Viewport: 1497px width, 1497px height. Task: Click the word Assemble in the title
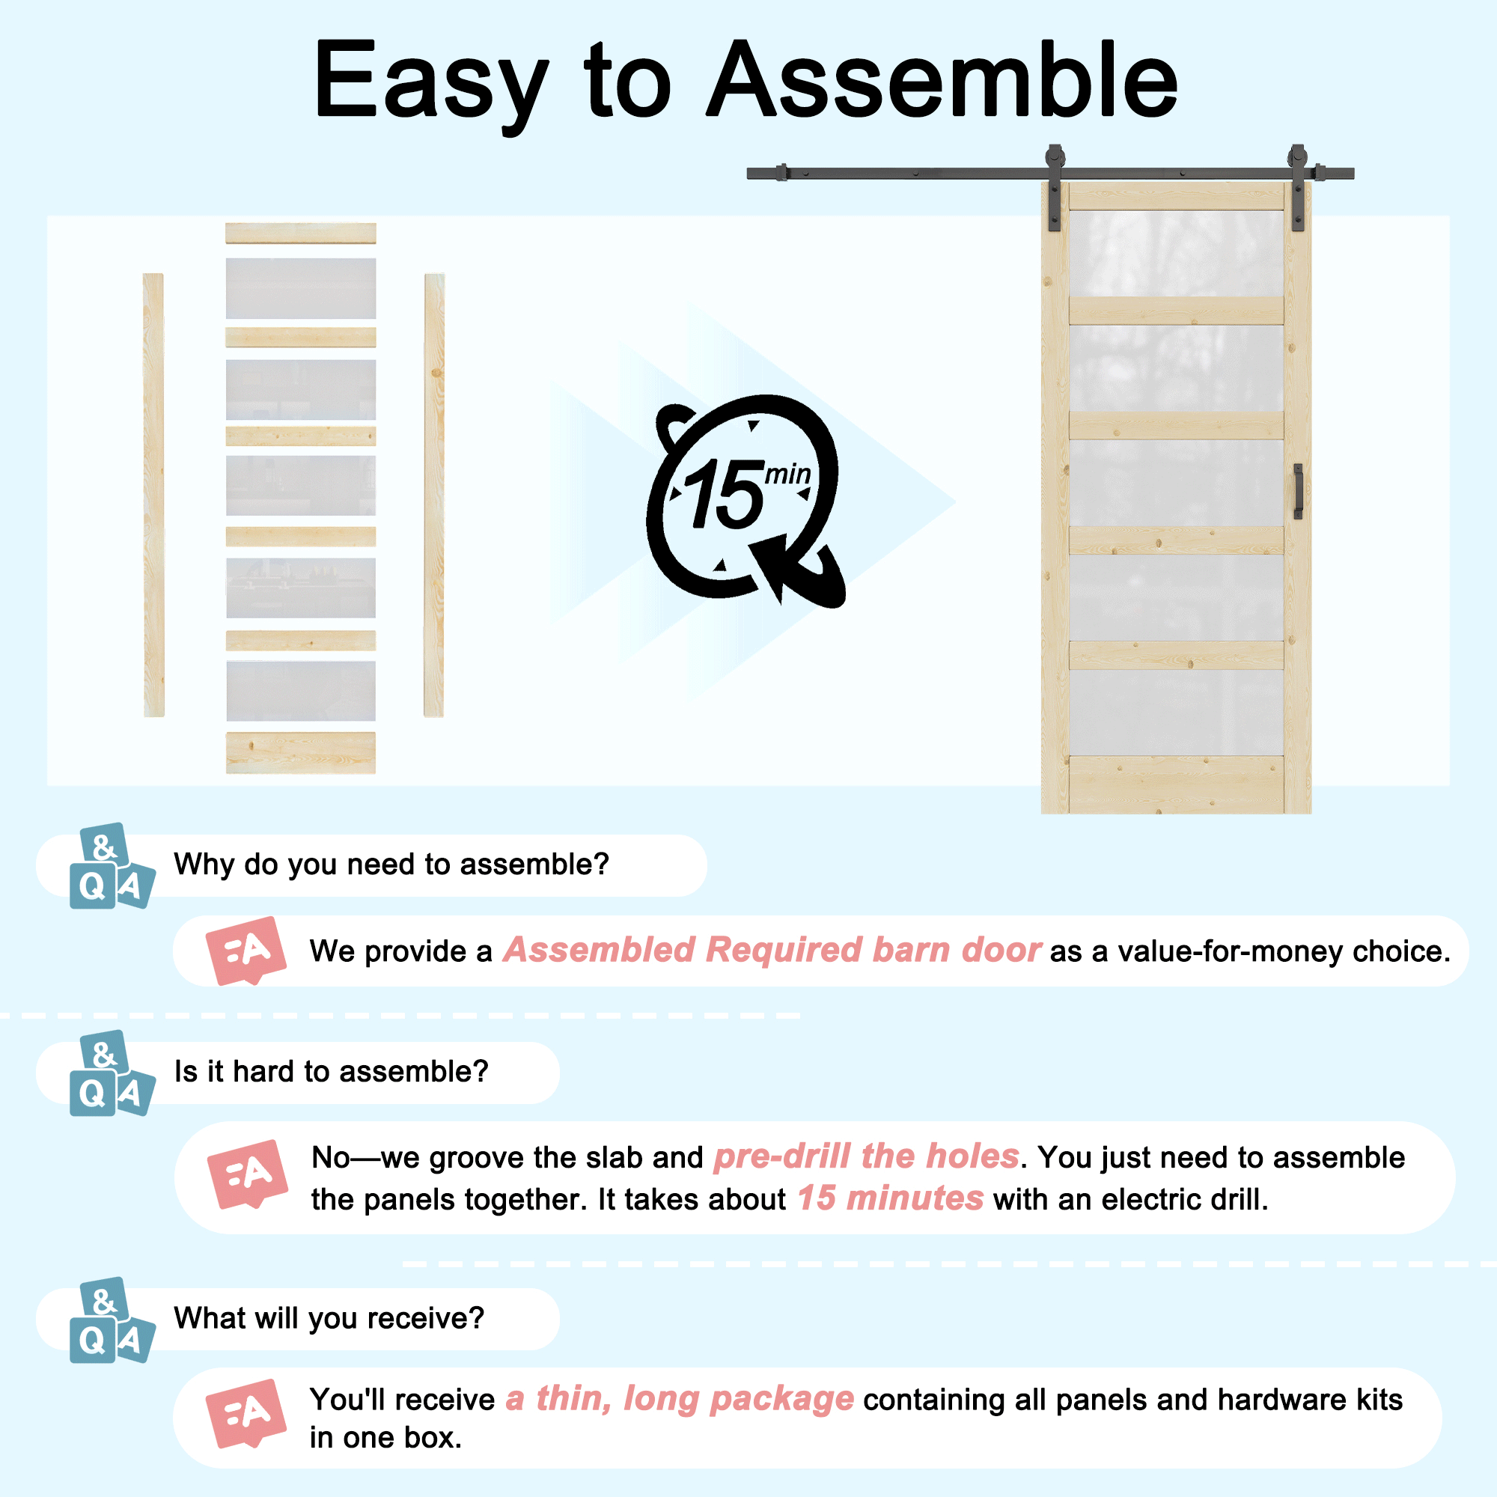tap(944, 81)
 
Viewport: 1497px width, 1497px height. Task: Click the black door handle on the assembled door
tap(1298, 490)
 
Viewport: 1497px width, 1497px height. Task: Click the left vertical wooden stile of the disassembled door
tap(153, 494)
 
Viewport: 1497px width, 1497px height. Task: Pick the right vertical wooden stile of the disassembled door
tap(434, 494)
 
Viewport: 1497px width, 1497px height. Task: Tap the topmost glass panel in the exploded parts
tap(301, 288)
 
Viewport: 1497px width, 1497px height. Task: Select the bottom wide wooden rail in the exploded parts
tap(301, 752)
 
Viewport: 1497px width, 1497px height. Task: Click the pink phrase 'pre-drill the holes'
tap(866, 1156)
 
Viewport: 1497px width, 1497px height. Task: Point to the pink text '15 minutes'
tap(890, 1198)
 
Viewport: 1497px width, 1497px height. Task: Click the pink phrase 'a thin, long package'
tap(680, 1399)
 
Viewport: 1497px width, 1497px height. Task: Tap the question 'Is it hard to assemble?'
tap(331, 1072)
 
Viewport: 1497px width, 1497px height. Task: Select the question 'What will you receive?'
tap(329, 1318)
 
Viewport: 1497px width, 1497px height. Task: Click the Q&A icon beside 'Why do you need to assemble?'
tap(112, 865)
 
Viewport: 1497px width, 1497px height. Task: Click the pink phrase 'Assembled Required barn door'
tap(772, 950)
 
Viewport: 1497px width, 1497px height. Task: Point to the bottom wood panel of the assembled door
tap(1176, 784)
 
